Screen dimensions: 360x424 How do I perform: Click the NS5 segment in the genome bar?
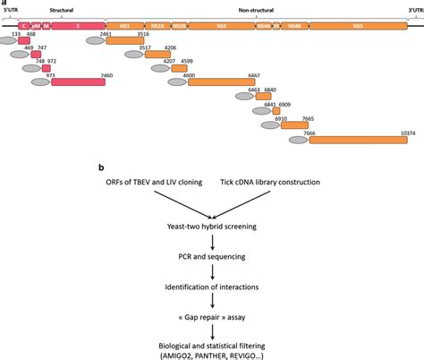[358, 28]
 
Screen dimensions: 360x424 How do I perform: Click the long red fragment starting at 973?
[78, 82]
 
